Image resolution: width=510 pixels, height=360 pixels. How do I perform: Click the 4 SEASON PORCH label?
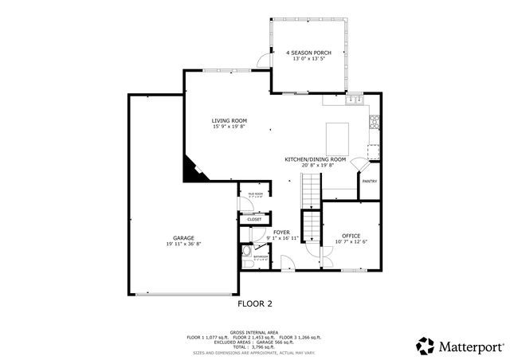point(308,53)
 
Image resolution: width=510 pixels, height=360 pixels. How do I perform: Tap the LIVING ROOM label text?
point(229,120)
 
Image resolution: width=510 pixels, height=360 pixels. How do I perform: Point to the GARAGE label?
point(183,238)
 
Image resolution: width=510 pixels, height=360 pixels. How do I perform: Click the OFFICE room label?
point(351,236)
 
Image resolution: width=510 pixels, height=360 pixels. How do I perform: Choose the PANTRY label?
point(370,181)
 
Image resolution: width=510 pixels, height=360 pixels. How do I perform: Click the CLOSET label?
point(254,219)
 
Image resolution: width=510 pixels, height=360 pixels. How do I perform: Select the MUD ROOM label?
point(255,194)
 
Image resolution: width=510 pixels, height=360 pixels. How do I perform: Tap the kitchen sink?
point(356,100)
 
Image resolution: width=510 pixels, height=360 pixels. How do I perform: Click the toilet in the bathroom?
point(247,250)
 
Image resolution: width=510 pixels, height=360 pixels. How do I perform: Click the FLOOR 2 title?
point(255,303)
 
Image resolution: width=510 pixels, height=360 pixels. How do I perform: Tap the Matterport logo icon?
point(425,346)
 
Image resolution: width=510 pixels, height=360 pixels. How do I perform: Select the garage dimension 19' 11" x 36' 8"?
point(183,245)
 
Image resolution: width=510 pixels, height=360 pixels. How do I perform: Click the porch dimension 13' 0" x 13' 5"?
point(308,59)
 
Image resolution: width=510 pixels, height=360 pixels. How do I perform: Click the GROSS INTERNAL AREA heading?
point(254,332)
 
